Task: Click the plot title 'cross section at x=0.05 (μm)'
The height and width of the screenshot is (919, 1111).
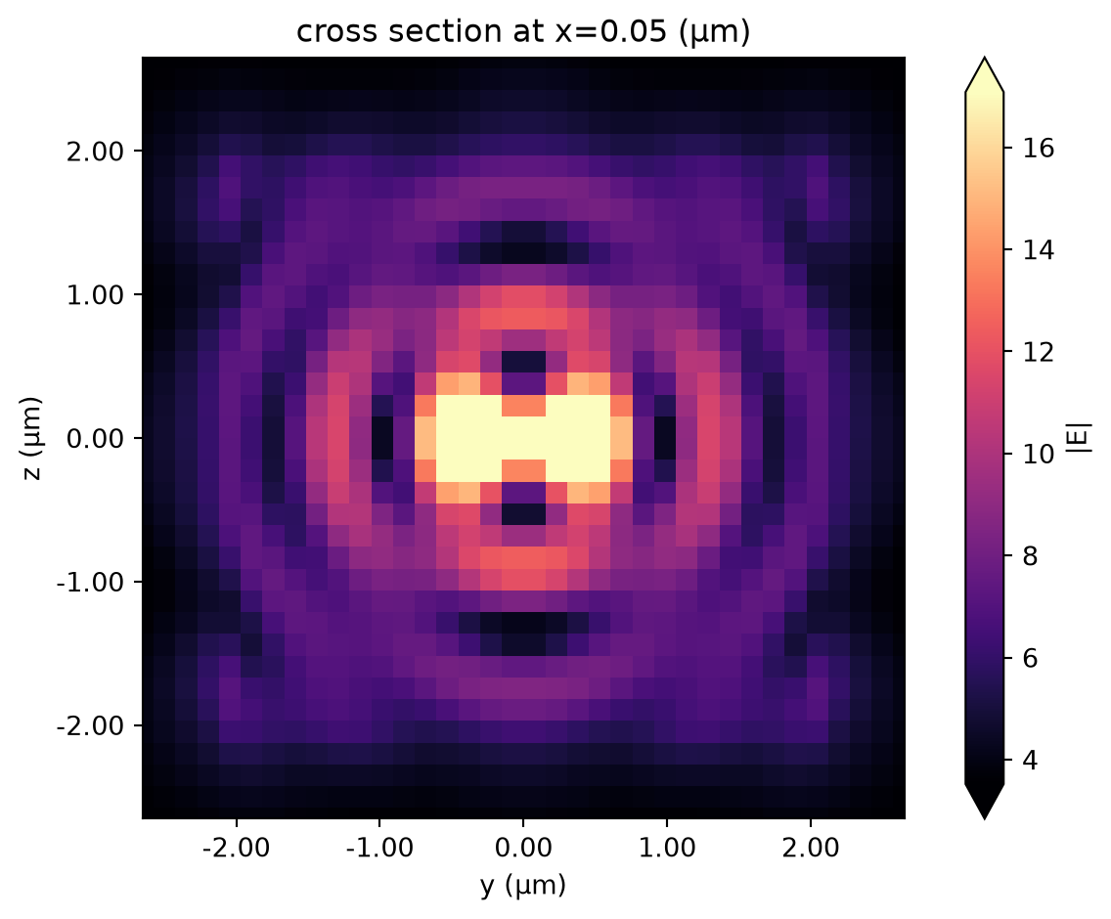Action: point(523,32)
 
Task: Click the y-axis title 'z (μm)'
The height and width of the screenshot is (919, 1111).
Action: point(32,438)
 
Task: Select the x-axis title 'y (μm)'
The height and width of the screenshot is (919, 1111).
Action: point(523,885)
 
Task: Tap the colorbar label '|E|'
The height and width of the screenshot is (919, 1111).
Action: point(1084,437)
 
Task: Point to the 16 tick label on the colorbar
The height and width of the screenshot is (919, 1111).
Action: point(1038,148)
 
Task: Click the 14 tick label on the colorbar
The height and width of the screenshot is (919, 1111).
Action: point(1038,250)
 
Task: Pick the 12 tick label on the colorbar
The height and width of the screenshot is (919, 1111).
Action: point(1038,352)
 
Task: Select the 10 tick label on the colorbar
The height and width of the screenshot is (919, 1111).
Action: point(1038,455)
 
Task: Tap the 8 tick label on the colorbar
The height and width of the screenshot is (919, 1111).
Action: point(1030,556)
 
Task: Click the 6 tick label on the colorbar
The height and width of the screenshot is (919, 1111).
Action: point(1030,658)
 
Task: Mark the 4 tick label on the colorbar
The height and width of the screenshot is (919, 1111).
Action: point(1030,761)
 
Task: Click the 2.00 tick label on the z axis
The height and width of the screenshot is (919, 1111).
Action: point(95,151)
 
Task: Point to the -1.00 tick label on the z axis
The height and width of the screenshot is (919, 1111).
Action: point(89,582)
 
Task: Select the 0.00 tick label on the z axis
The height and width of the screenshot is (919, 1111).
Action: point(95,438)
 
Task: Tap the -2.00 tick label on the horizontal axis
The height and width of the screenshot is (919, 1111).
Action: point(236,847)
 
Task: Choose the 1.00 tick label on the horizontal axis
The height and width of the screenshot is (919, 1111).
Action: point(667,847)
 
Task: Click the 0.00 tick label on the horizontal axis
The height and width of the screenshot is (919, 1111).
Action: point(523,847)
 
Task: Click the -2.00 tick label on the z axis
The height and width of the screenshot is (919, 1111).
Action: point(89,725)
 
